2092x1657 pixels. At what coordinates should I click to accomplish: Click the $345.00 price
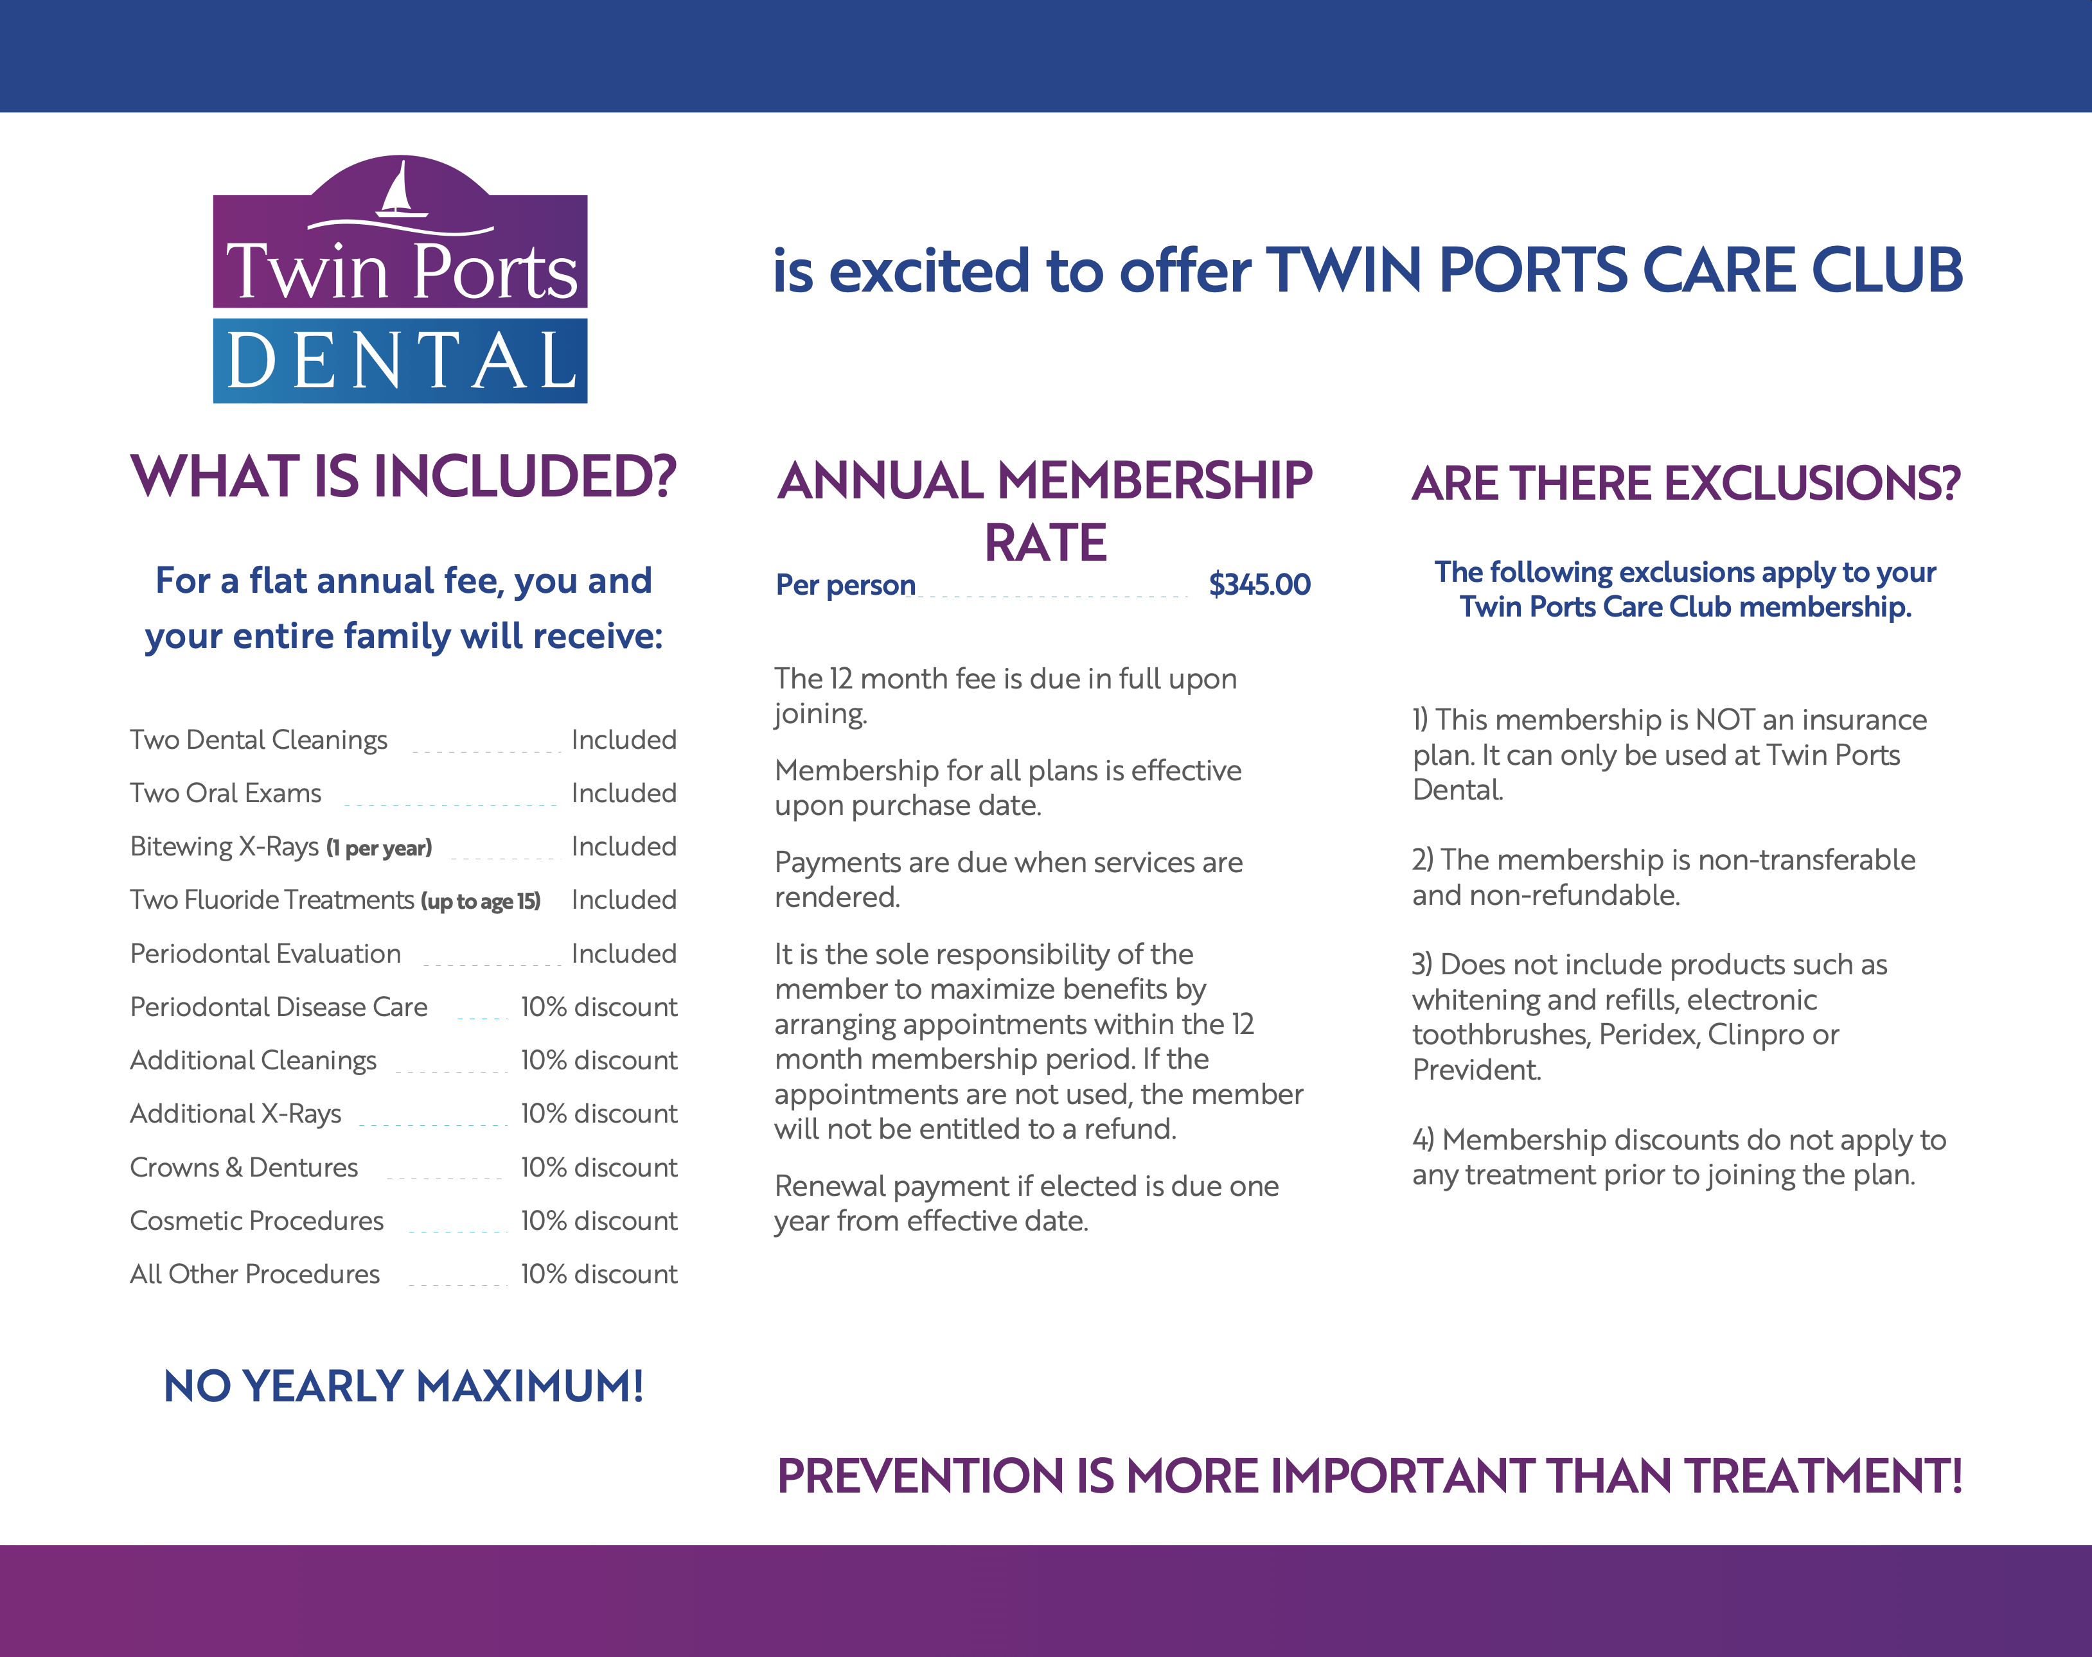tap(1259, 584)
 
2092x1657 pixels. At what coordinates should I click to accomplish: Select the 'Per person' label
tap(845, 585)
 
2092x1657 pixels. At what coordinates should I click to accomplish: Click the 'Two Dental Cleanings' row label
tap(259, 741)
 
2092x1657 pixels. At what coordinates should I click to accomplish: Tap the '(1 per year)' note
tap(379, 848)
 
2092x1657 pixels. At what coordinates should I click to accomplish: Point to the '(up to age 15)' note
tap(481, 901)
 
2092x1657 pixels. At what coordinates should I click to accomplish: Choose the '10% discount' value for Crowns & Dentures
tap(599, 1167)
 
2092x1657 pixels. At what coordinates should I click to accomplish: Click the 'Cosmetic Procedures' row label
tap(257, 1220)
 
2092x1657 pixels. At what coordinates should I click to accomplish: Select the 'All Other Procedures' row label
tap(255, 1274)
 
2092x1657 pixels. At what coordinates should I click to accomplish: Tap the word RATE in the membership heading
tap(1045, 542)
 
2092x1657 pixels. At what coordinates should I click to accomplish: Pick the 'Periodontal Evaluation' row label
tap(265, 954)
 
